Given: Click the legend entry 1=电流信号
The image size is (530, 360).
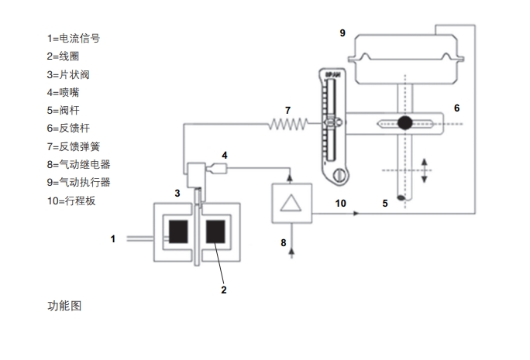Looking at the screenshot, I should (x=74, y=37).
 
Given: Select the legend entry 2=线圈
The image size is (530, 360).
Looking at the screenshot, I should (x=62, y=56).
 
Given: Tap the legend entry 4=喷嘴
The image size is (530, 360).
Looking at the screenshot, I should (x=62, y=92).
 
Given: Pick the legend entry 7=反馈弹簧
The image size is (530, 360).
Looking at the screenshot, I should (x=73, y=146).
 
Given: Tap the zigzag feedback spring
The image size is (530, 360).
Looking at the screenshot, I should (x=288, y=123).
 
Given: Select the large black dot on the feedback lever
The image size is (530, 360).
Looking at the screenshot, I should (x=404, y=122).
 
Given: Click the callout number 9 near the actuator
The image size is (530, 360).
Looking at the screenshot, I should (x=342, y=33).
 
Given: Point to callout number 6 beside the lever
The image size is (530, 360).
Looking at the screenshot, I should (x=456, y=108).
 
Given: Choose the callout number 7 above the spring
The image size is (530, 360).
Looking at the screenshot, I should (x=287, y=109).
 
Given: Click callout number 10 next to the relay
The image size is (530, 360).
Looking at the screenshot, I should (x=340, y=203).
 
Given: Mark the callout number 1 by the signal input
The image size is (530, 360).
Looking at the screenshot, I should (x=113, y=239).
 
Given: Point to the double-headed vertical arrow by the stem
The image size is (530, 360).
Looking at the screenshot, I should (x=425, y=169).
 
